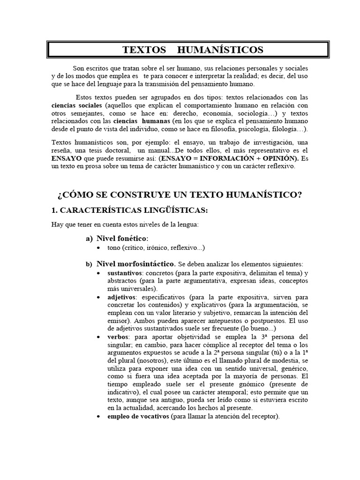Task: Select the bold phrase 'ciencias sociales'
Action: tap(76, 105)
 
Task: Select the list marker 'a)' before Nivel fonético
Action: tap(89, 239)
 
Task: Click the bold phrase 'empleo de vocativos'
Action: tap(138, 416)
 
